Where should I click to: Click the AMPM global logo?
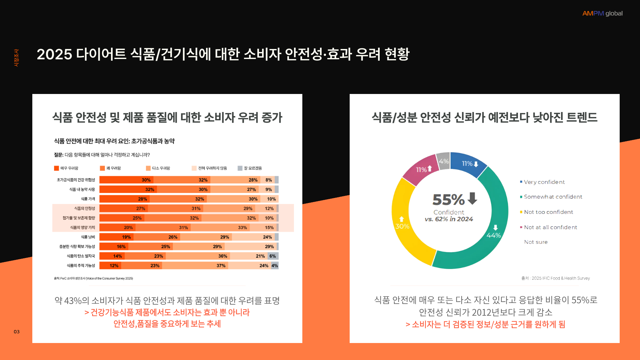coord(602,13)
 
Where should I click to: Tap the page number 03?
coord(17,332)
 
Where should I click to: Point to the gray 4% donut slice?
coord(444,161)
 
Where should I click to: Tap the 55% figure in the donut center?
coord(449,200)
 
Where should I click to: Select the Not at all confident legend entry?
coord(550,227)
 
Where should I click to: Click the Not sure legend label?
coord(536,242)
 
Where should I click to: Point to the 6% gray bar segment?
coord(273,256)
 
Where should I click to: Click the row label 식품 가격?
coord(88,199)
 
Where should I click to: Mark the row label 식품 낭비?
coord(88,237)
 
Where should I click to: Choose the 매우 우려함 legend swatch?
coord(57,168)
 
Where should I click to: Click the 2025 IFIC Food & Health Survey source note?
coord(556,278)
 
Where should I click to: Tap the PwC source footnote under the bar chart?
coord(93,278)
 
